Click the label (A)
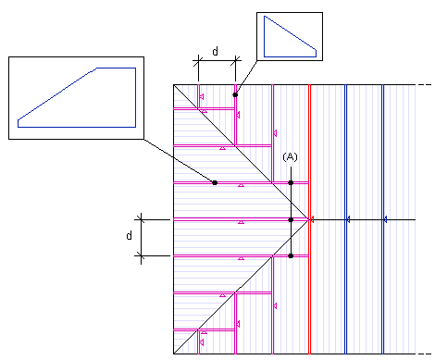[290, 157]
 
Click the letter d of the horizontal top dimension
[216, 51]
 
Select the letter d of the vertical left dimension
[130, 235]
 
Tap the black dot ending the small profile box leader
[235, 94]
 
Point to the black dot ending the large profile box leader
[215, 182]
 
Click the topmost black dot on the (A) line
[291, 182]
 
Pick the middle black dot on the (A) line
[291, 219]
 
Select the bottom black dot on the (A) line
[291, 255]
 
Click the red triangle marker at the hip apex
[312, 219]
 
